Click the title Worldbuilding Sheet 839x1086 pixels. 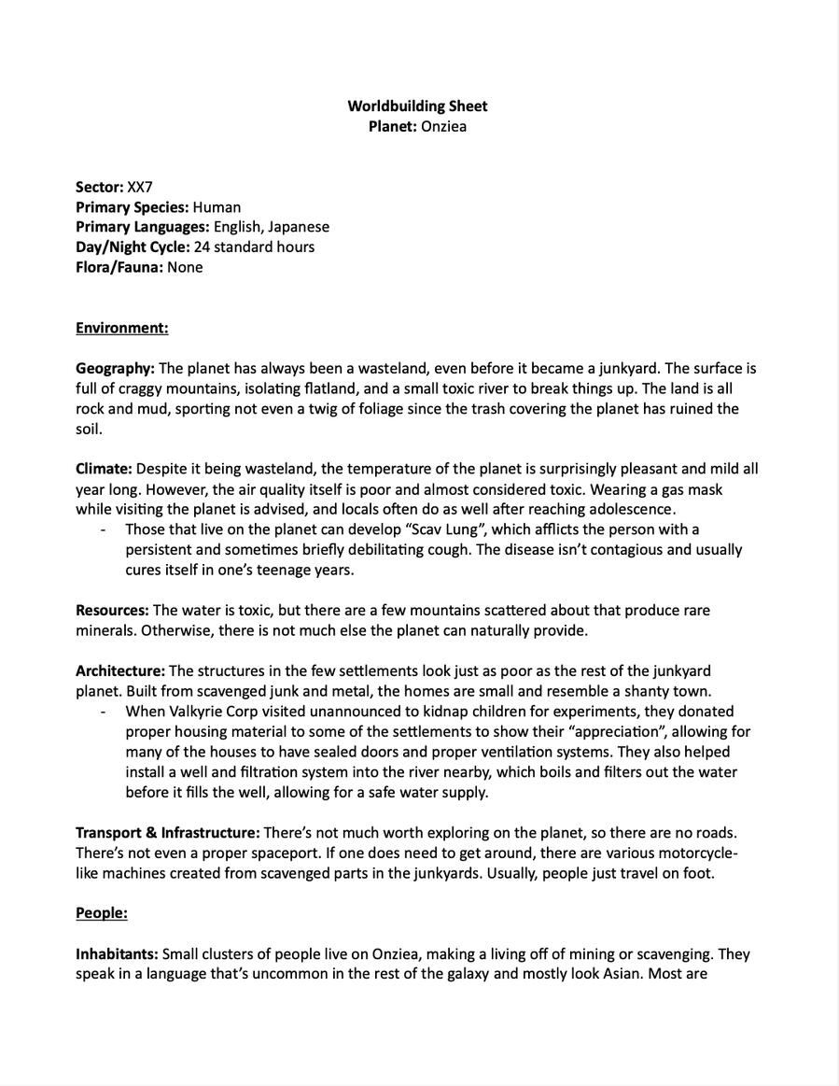click(x=417, y=106)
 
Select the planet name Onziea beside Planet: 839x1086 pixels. click(x=443, y=126)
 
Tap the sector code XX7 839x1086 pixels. click(x=140, y=187)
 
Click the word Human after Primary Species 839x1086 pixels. click(x=217, y=207)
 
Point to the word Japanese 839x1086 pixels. click(x=299, y=227)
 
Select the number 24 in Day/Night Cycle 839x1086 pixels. click(x=203, y=247)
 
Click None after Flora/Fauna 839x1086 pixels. click(x=185, y=267)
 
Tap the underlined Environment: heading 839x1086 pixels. click(x=122, y=328)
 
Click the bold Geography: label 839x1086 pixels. click(x=115, y=369)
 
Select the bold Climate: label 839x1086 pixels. click(x=104, y=469)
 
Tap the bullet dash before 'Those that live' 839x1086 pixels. click(x=103, y=529)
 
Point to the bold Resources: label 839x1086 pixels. click(x=112, y=611)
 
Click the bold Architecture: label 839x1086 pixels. click(x=120, y=671)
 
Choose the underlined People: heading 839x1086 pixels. click(x=102, y=913)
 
